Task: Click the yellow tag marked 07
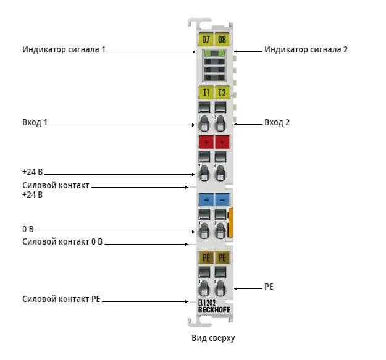click(206, 39)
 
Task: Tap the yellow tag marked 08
click(222, 39)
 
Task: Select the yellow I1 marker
click(206, 92)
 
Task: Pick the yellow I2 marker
click(222, 92)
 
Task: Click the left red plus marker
click(206, 142)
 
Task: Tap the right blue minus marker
click(222, 199)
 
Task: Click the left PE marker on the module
click(206, 257)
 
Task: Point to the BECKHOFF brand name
click(214, 310)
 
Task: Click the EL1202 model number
click(207, 303)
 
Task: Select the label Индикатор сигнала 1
click(64, 49)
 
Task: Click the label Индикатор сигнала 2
click(306, 49)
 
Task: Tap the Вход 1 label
click(35, 122)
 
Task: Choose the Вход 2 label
click(277, 122)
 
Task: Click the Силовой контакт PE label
click(61, 299)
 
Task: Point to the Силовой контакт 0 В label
click(62, 241)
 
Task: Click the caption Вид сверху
click(213, 338)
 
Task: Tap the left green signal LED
click(208, 53)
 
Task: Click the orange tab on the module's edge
click(230, 222)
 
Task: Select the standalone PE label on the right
click(269, 287)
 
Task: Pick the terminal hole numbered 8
click(220, 288)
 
